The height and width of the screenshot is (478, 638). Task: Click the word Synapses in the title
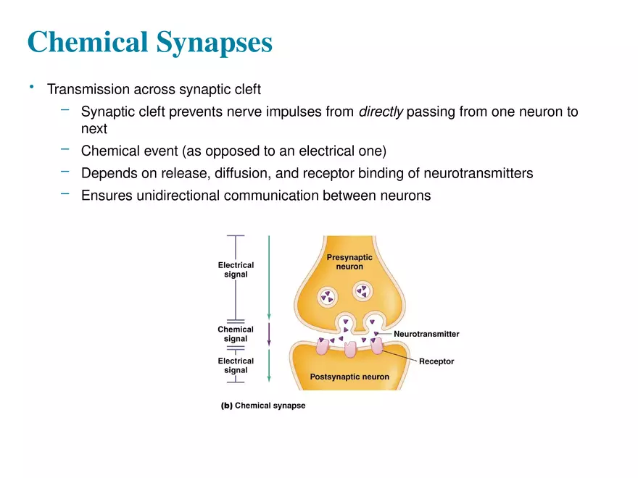(215, 42)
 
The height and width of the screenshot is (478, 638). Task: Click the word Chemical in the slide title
(87, 42)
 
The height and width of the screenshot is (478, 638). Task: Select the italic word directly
(381, 113)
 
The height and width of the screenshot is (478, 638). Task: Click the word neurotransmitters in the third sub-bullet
(473, 174)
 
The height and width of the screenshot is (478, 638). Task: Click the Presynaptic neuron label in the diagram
(349, 262)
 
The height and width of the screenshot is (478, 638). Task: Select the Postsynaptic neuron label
(349, 377)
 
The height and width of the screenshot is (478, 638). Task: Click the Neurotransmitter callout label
(426, 335)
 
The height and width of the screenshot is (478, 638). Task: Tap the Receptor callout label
(436, 361)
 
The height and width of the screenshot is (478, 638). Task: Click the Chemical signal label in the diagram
(236, 334)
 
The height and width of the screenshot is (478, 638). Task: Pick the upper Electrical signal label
(236, 269)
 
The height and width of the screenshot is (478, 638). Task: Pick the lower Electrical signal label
(236, 365)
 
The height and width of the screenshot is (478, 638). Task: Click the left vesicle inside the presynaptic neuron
(328, 296)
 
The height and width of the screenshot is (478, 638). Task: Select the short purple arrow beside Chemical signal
(269, 335)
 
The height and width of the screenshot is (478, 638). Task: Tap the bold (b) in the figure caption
(226, 406)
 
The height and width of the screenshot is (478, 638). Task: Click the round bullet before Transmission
(32, 88)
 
